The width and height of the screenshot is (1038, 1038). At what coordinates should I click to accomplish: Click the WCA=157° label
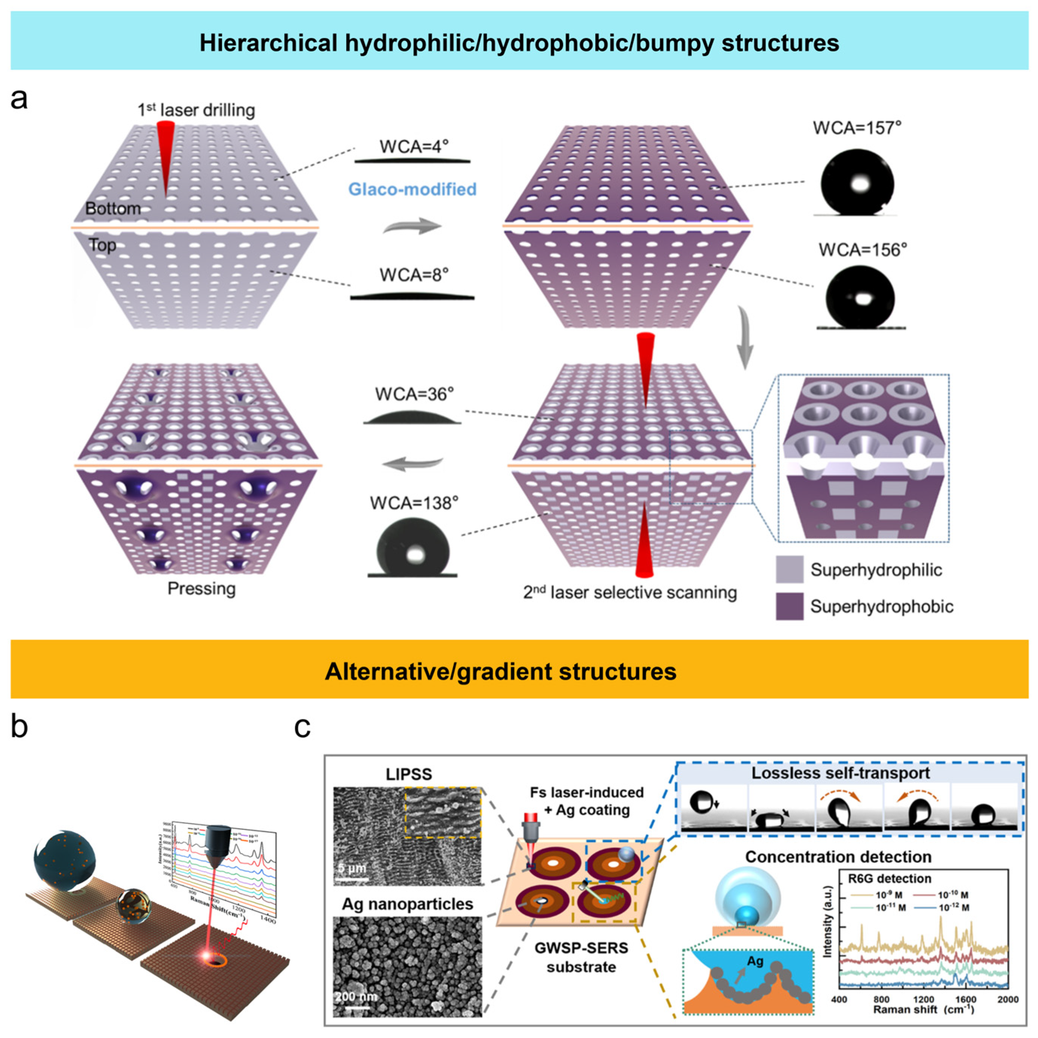(857, 128)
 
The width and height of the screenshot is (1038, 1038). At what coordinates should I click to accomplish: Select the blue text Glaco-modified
(412, 189)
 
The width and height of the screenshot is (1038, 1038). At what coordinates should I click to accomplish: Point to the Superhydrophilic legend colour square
(789, 569)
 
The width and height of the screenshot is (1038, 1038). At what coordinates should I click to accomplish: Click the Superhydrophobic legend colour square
(789, 606)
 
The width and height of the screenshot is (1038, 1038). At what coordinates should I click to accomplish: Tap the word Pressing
(201, 588)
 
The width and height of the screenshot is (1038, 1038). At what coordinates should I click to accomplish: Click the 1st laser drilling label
(196, 110)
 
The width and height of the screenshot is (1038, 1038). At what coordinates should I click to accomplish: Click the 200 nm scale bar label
(356, 997)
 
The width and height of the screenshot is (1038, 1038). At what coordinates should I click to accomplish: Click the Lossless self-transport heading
(840, 773)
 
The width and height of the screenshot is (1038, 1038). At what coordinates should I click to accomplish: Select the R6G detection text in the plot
(889, 878)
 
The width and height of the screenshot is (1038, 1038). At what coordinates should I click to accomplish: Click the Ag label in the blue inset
(755, 960)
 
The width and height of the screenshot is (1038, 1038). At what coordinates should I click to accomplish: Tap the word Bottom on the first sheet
(113, 209)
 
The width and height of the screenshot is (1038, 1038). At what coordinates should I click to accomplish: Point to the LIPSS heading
(408, 774)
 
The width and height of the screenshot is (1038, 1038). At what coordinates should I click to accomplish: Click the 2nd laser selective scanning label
(630, 593)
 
